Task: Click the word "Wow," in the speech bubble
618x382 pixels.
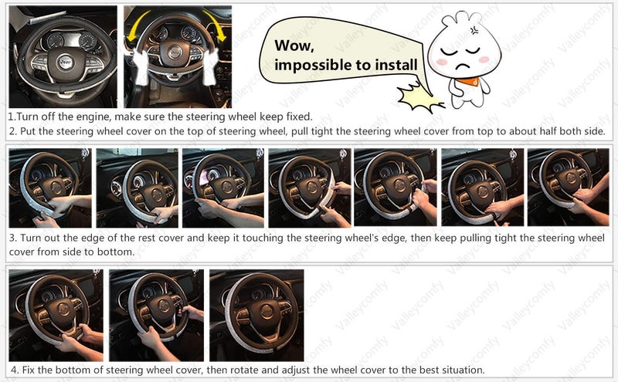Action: [294, 46]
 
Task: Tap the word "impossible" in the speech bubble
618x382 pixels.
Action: [313, 65]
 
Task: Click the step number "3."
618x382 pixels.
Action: [12, 238]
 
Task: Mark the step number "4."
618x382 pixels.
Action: [12, 370]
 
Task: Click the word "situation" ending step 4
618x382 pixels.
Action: [460, 370]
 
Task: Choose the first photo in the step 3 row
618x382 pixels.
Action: [49, 188]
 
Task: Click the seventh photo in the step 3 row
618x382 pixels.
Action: [567, 188]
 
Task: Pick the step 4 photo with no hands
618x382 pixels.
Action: [256, 315]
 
